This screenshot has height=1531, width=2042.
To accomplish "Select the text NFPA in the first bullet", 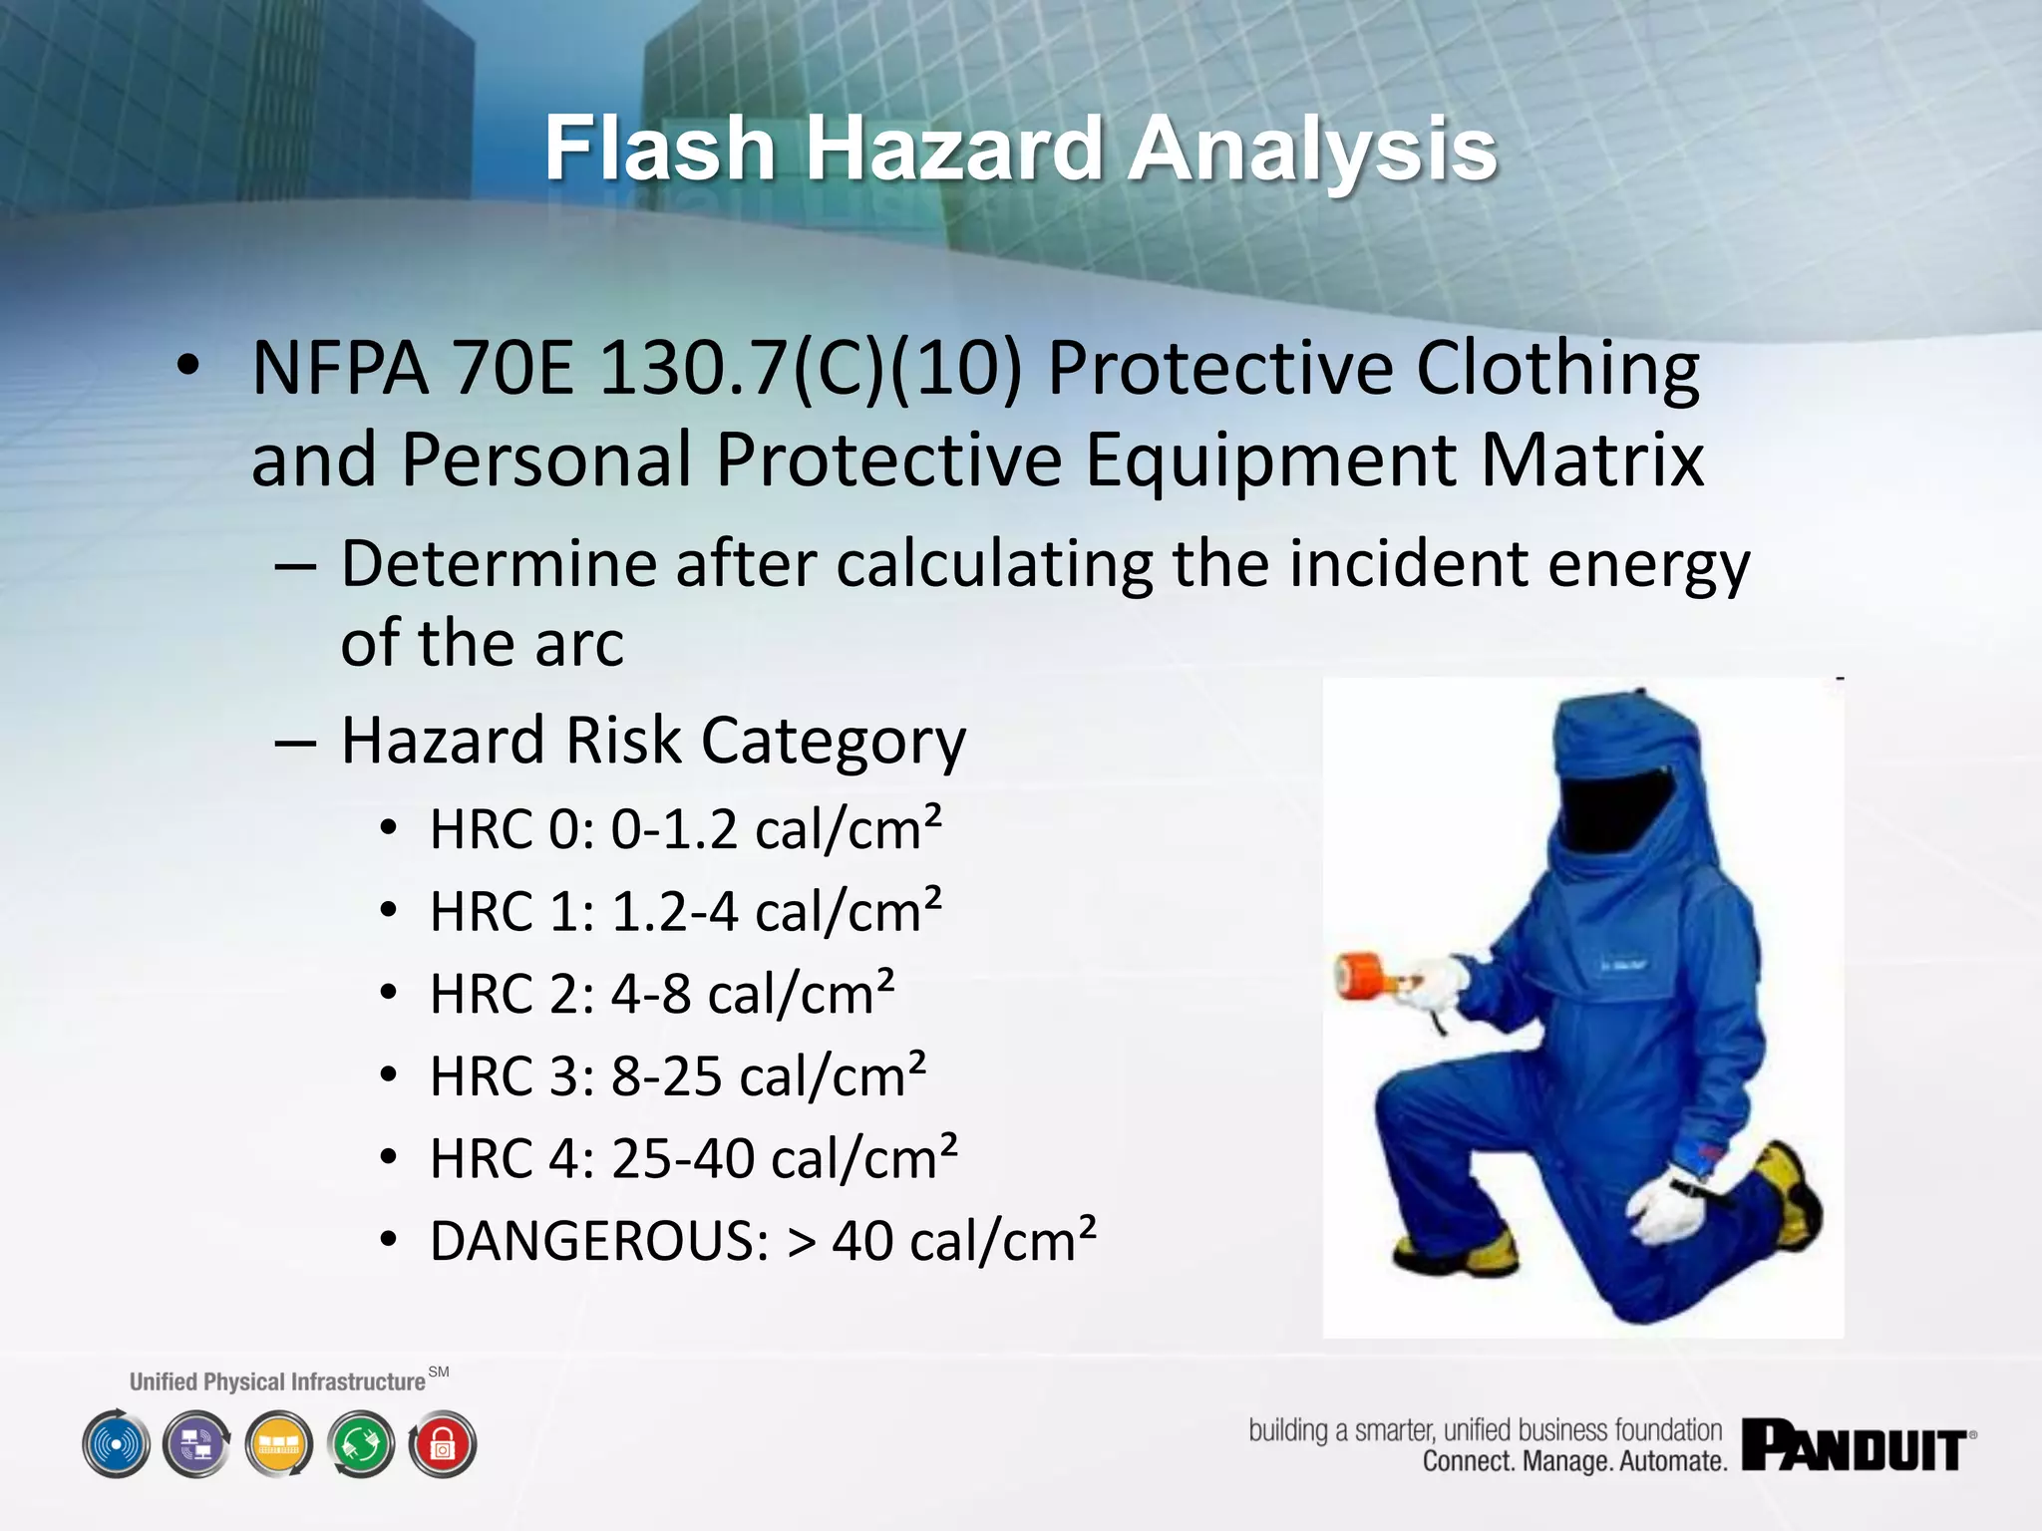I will pyautogui.click(x=340, y=369).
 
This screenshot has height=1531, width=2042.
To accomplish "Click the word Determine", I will pyautogui.click(x=500, y=564).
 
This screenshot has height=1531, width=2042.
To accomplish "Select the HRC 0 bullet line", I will pyautogui.click(x=685, y=829).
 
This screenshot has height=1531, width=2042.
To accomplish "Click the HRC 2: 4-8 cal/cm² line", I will pyautogui.click(x=661, y=994).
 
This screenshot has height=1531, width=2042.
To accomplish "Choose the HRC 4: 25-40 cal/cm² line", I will pyautogui.click(x=693, y=1158).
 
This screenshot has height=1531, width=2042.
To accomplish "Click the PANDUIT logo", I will pyautogui.click(x=1857, y=1446).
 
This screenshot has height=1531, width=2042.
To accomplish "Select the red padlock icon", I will pyautogui.click(x=443, y=1444).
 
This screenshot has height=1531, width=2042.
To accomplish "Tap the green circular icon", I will pyautogui.click(x=361, y=1444).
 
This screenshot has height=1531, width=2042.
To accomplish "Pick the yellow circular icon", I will pyautogui.click(x=279, y=1444).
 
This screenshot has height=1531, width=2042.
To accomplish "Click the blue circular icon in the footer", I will pyautogui.click(x=117, y=1444).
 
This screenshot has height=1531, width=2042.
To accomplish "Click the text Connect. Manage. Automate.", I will pyautogui.click(x=1573, y=1462).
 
